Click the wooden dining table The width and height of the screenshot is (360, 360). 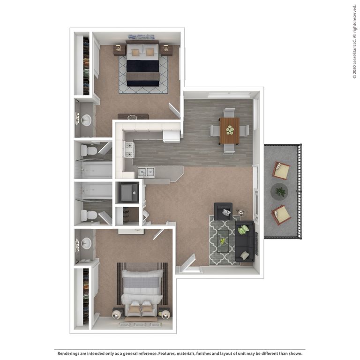(x=229, y=130)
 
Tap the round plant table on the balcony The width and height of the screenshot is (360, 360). (x=280, y=191)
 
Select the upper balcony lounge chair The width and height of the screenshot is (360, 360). (x=281, y=170)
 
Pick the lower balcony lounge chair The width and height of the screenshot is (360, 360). (x=281, y=214)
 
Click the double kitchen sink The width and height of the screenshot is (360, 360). (x=146, y=172)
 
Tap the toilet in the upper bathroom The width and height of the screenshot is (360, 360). (x=89, y=150)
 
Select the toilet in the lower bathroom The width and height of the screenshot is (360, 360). (x=89, y=215)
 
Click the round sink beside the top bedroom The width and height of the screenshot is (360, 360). (x=86, y=120)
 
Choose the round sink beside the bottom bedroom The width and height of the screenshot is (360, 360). (x=86, y=243)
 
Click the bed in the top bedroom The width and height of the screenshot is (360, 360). (x=142, y=66)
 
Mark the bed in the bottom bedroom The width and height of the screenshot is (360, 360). (x=142, y=293)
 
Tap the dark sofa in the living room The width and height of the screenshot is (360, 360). (x=244, y=240)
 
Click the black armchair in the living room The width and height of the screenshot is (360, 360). (x=223, y=211)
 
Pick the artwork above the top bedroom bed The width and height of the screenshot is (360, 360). (x=141, y=37)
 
